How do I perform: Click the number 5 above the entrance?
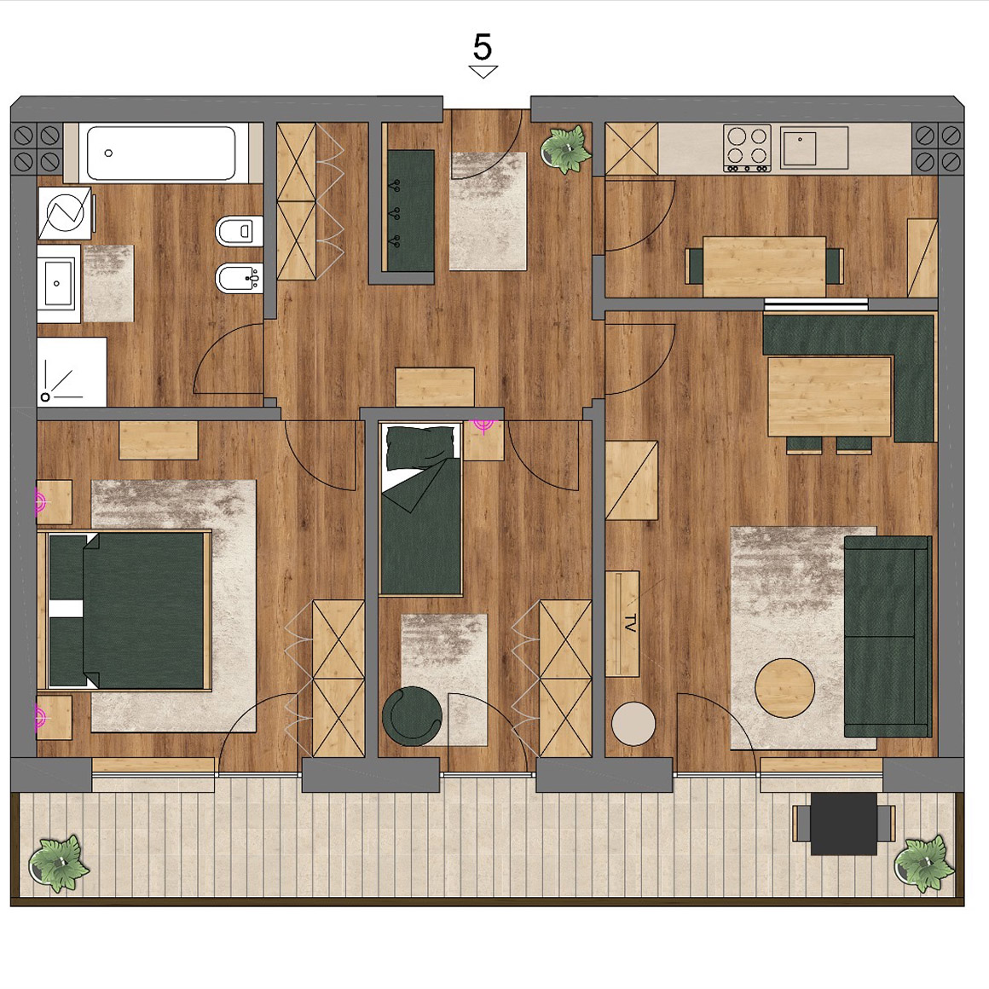pos(483,47)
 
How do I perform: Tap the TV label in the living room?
pos(630,623)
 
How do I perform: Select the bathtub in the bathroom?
pos(161,153)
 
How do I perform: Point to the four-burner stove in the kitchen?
pos(747,147)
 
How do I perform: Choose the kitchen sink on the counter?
pos(799,147)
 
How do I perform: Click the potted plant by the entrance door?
pos(566,149)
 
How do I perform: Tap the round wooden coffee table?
pos(784,687)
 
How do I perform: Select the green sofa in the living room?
pos(887,636)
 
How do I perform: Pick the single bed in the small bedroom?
pos(420,509)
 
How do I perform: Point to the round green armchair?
pos(412,715)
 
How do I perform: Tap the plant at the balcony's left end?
pos(59,863)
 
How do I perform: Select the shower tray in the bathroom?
pos(72,372)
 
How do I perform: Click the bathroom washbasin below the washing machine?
pos(59,283)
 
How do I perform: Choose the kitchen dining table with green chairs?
pos(765,266)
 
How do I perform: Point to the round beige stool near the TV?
pos(633,724)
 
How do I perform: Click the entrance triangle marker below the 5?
pos(483,72)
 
